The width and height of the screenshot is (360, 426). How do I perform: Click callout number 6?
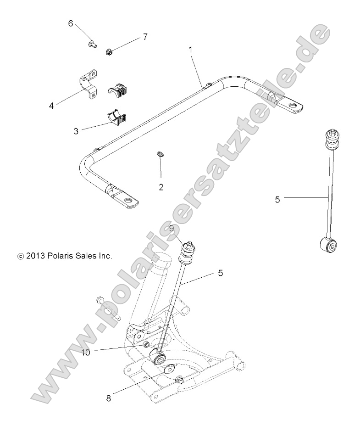click(x=71, y=23)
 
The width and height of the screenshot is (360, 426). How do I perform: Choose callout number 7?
click(x=145, y=37)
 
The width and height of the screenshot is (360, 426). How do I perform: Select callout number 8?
click(x=109, y=398)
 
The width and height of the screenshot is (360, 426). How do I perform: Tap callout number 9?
click(x=171, y=227)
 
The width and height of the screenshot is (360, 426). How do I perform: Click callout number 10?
click(x=85, y=352)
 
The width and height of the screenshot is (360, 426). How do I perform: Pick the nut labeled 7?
click(x=109, y=50)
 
